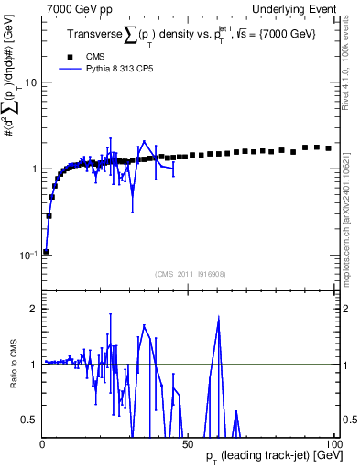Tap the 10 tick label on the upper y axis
(29, 82)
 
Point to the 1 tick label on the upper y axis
(33, 169)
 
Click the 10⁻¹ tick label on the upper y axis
(27, 254)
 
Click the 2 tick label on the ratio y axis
(33, 309)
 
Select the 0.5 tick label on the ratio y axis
(28, 420)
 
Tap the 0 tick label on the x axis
(43, 444)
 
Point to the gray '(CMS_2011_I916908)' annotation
(190, 272)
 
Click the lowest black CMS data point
(46, 251)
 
